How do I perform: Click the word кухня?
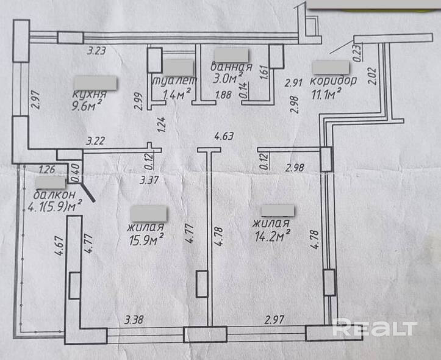(89, 95)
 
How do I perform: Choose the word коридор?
(333, 81)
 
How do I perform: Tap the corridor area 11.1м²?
(325, 93)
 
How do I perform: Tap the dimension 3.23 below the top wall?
(97, 51)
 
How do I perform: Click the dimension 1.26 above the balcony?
(48, 170)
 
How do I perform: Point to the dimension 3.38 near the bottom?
(134, 319)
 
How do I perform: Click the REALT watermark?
(375, 329)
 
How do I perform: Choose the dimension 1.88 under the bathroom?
(224, 95)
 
